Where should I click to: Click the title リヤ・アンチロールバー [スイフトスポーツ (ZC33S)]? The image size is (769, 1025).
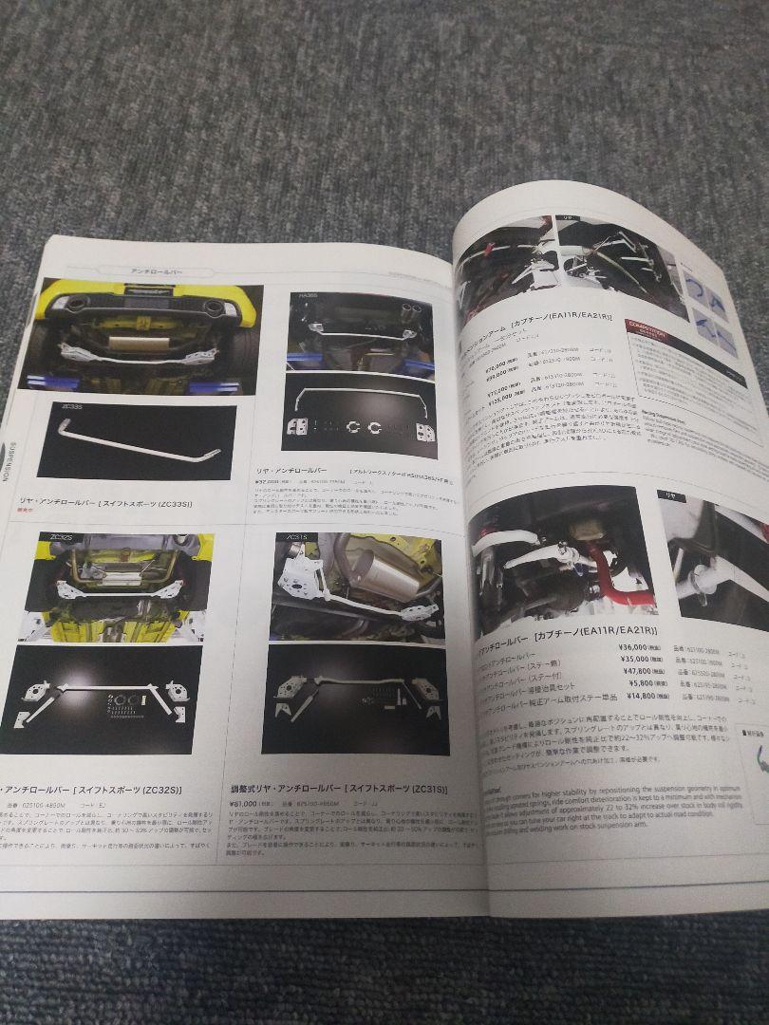[x=104, y=503]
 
